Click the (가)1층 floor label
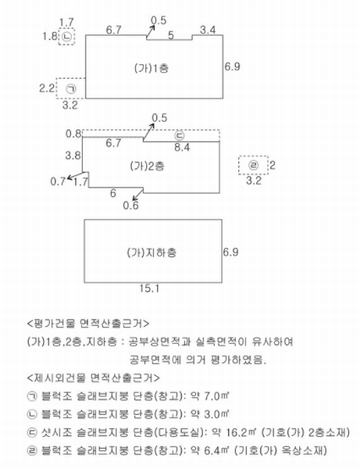point(151,69)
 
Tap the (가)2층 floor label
point(148,166)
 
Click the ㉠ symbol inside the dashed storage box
point(71,89)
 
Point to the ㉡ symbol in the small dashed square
point(66,37)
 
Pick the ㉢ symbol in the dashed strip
point(180,136)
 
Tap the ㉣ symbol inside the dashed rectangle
point(254,165)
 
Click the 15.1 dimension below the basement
point(149,288)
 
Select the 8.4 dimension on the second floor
point(182,147)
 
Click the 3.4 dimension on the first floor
point(208,30)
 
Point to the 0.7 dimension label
point(58,181)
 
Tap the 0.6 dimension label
point(131,206)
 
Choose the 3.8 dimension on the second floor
point(73,156)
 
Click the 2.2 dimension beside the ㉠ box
point(47,88)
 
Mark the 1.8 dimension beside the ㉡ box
point(50,36)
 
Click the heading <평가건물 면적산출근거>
point(88,324)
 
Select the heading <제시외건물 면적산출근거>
point(93,378)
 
